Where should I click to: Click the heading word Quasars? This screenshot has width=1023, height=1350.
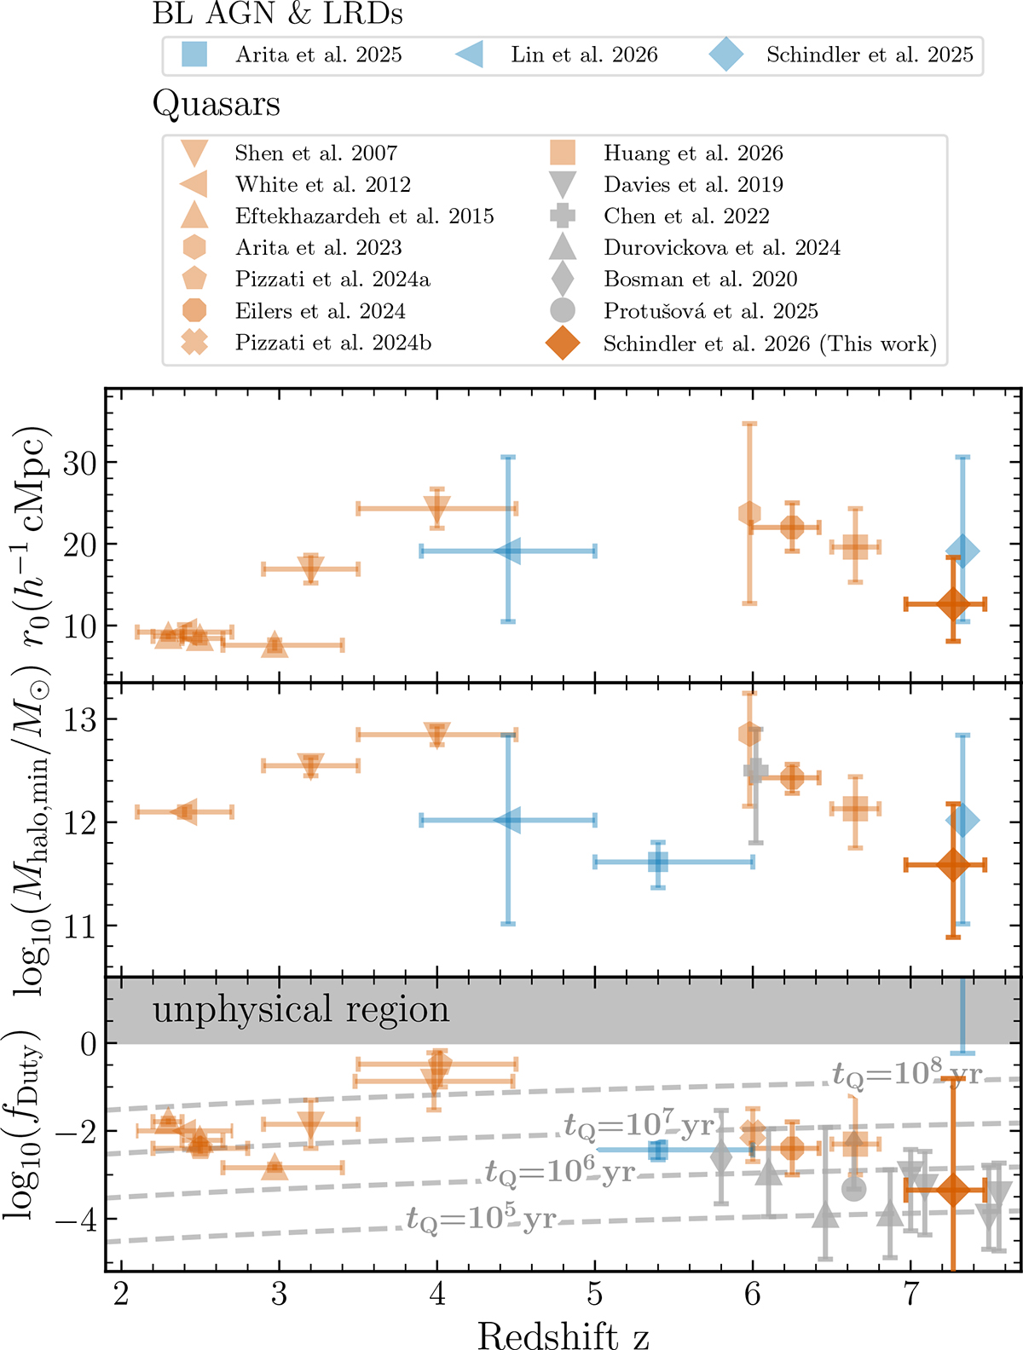[217, 105]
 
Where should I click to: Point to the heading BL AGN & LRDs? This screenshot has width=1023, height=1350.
[278, 14]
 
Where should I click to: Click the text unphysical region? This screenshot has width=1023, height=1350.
[301, 1010]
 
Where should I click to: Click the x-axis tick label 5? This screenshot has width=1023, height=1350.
[595, 1295]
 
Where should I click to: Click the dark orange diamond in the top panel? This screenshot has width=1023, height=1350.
[953, 604]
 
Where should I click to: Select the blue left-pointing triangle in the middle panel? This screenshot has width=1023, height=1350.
[508, 821]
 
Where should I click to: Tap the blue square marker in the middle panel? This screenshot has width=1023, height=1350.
[657, 862]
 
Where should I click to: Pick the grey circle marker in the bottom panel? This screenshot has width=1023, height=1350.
[853, 1188]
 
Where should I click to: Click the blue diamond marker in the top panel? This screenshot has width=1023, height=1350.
[962, 551]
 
